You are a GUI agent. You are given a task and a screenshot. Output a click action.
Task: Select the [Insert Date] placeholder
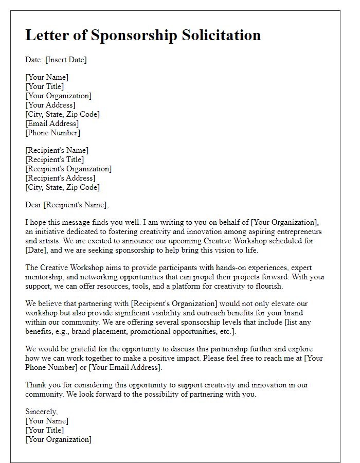tap(66, 60)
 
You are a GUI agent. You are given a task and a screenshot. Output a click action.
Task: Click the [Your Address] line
tap(50, 105)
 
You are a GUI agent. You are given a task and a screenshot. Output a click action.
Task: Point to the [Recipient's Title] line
tap(55, 159)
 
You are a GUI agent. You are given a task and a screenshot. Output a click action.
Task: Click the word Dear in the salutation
tap(33, 205)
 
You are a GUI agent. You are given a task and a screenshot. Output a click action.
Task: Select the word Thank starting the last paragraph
tap(36, 385)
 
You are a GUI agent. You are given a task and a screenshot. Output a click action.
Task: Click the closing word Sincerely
tap(42, 412)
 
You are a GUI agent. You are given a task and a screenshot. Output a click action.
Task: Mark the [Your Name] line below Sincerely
tap(47, 421)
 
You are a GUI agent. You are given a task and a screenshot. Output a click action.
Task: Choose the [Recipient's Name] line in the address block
tap(57, 150)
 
